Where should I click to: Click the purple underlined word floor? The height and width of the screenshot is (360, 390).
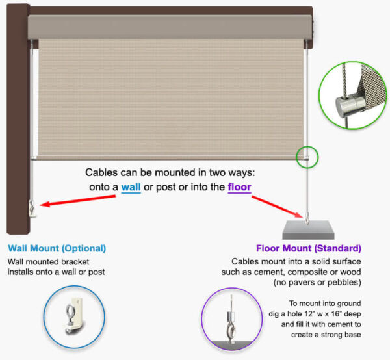coord(239,187)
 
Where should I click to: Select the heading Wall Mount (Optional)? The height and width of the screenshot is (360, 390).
coord(57,248)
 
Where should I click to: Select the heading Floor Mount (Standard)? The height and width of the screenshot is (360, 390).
coord(309,248)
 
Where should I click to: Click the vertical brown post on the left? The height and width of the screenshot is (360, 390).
coord(16,130)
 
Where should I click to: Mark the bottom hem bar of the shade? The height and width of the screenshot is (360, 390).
coord(169,157)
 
